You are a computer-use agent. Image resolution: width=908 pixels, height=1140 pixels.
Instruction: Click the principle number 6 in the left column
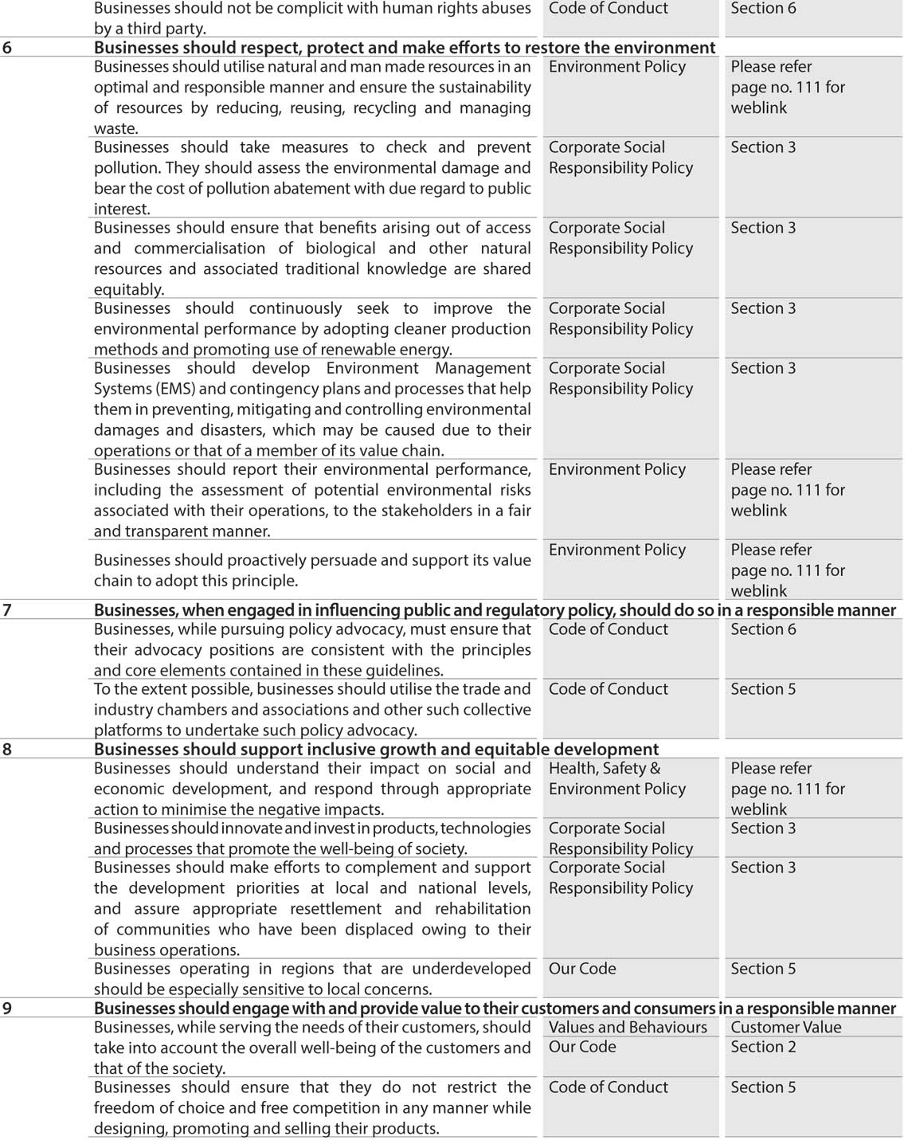point(7,48)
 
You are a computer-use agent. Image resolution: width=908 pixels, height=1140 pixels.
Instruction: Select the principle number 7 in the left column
point(7,610)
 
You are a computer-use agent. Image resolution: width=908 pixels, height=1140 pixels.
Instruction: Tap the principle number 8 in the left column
point(7,750)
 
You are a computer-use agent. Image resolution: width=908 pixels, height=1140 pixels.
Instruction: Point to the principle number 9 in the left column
point(7,1009)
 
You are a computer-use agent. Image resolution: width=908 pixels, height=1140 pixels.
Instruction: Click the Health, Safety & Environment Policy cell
point(616,778)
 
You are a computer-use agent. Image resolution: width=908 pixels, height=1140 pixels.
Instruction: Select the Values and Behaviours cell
point(628,1028)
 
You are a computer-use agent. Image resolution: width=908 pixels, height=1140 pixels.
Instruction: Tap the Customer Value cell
point(785,1028)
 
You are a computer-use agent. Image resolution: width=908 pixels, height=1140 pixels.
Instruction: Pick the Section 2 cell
point(763,1047)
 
